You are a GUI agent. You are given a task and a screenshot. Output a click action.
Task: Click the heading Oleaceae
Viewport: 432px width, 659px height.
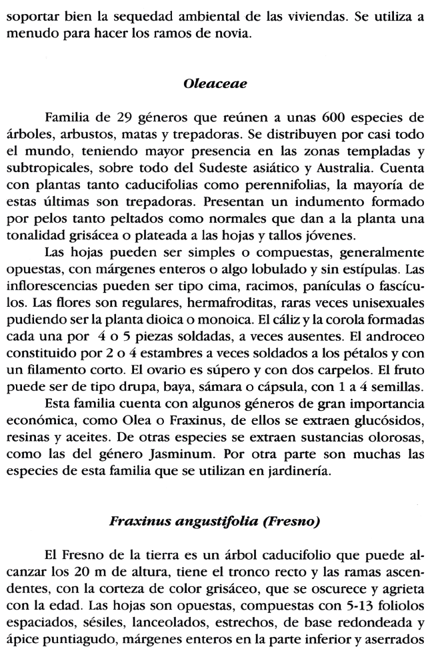point(216,85)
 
